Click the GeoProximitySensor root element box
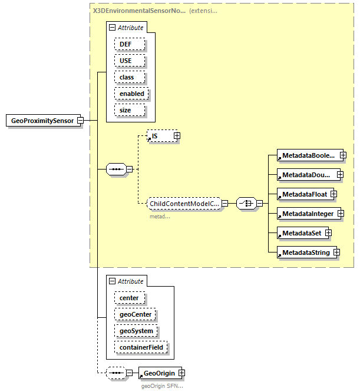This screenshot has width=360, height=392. tap(42, 121)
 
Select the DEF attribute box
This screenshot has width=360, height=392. tap(125, 44)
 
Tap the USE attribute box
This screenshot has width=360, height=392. tap(125, 61)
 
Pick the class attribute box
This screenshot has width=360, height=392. tap(127, 77)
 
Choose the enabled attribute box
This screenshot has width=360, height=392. tap(131, 94)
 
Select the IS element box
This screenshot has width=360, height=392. tap(159, 136)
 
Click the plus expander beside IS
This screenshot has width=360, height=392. tap(177, 136)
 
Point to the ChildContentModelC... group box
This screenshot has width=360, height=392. tap(183, 204)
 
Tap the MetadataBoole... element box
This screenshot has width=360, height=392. tap(307, 156)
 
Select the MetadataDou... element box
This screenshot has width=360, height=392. tap(307, 175)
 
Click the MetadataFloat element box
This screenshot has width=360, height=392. tap(303, 194)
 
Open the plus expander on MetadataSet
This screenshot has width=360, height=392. tap(329, 233)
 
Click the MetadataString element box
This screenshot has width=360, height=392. tap(305, 253)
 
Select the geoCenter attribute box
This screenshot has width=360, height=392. tap(136, 314)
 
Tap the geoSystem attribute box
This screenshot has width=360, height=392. tap(136, 331)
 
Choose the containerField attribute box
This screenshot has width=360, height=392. tap(141, 347)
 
